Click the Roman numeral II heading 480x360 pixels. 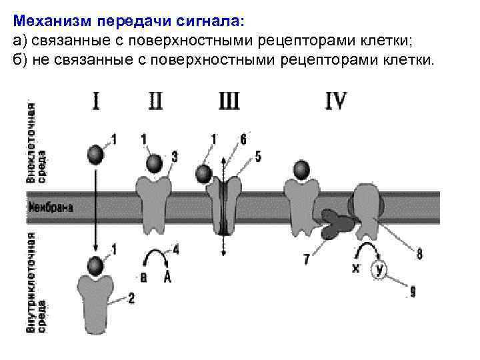tap(155, 102)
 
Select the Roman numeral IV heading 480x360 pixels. tap(335, 102)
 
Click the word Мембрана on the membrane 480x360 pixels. tap(51, 207)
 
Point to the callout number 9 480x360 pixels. tap(413, 291)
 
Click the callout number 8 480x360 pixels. tap(419, 254)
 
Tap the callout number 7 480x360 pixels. tap(306, 260)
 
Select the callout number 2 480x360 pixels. tap(131, 299)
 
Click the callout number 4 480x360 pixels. tap(176, 250)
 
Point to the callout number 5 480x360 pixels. tap(258, 158)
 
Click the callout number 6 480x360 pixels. tap(243, 139)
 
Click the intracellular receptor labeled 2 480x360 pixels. tap(97, 293)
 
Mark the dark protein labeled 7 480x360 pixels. tap(337, 224)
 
